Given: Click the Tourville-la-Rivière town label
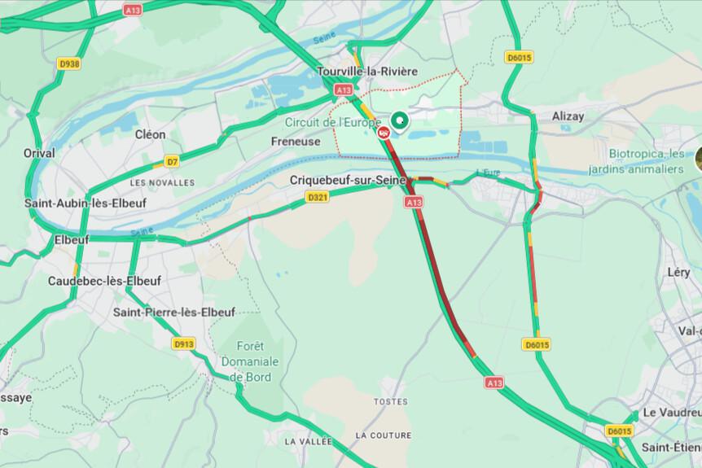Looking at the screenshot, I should coord(367,71).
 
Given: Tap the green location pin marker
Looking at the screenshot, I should coord(399,122).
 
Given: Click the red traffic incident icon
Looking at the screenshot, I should coord(384,133).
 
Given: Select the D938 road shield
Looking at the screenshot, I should coord(69,64).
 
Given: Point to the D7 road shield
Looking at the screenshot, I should coord(172,161).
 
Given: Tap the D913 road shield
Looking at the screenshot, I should coord(184,344).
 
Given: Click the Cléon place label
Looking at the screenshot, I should coord(150,134).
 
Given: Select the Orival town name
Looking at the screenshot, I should coord(39,153).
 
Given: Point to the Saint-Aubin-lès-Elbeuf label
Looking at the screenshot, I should coord(85,203).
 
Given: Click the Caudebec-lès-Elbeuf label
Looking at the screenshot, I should coord(105,281).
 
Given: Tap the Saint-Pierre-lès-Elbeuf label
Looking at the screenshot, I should coord(174,312).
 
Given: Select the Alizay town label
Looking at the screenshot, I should coord(568,116).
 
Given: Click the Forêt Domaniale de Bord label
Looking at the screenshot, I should coord(249,361).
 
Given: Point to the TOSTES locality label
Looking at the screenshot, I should coord(390,402).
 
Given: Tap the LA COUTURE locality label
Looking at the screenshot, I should coord(384,435).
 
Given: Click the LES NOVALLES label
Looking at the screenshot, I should coord(161,182).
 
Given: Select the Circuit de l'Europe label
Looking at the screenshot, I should coord(332,122).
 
